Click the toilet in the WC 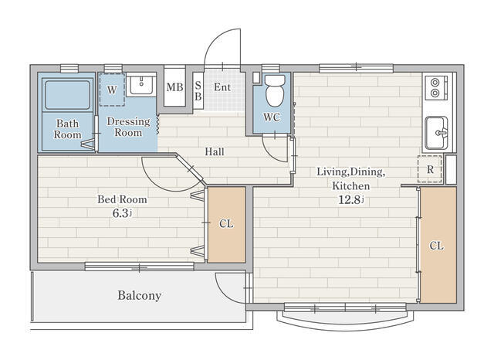[x=275, y=90]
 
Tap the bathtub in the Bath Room [x=67, y=94]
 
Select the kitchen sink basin [x=436, y=133]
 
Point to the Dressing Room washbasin [x=141, y=84]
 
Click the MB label [x=175, y=87]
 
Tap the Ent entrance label [x=222, y=87]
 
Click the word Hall [x=215, y=151]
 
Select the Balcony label [x=139, y=295]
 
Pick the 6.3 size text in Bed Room [x=122, y=213]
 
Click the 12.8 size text [x=351, y=199]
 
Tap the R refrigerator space [x=430, y=169]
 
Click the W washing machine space [x=112, y=90]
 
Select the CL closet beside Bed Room [x=226, y=225]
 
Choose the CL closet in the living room [x=438, y=245]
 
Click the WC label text [x=272, y=117]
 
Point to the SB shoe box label [x=198, y=91]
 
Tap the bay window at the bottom [x=345, y=317]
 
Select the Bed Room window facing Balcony [x=139, y=267]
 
